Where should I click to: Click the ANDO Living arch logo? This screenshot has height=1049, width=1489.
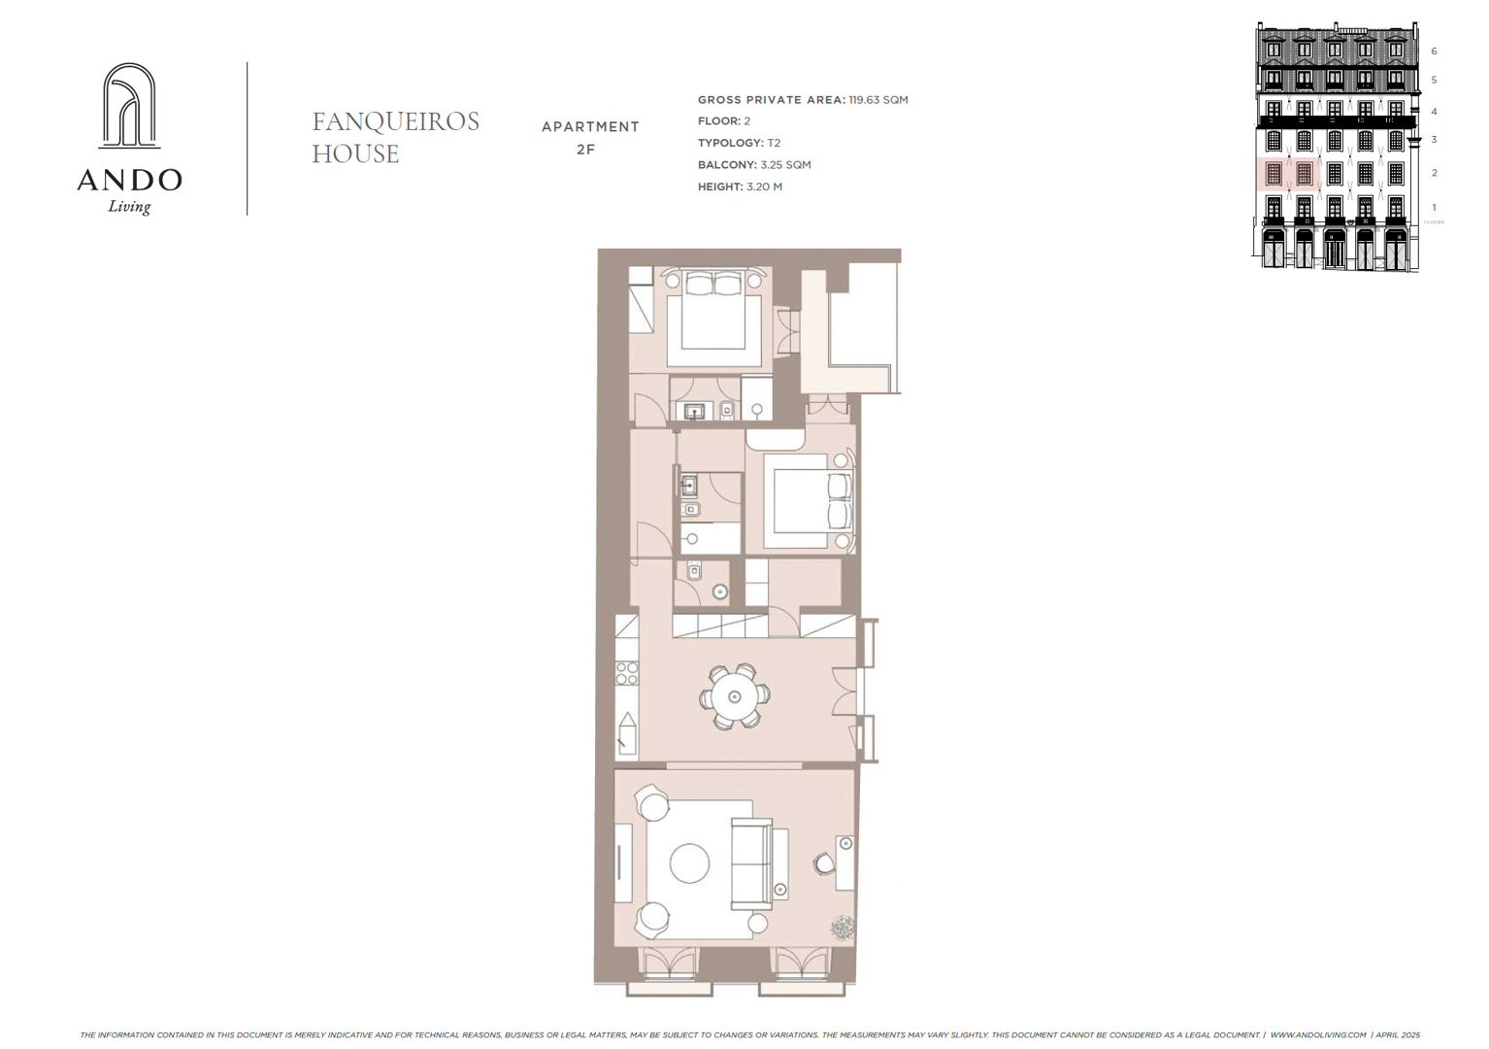pos(130,107)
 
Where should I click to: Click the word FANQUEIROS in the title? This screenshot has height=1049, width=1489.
pos(395,121)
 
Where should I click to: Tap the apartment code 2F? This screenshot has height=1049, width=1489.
pos(585,150)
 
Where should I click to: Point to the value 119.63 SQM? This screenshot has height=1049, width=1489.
pos(878,100)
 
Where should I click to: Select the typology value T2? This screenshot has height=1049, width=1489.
pos(774,143)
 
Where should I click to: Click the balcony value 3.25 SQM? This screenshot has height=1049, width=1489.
pos(785,165)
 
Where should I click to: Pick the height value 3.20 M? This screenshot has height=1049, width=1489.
pos(765,186)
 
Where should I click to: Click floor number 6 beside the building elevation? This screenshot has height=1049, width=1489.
pos(1434,51)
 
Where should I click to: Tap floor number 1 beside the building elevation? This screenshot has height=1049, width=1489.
pos(1434,208)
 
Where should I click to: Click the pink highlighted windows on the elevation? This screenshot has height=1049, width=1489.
pos(1288,174)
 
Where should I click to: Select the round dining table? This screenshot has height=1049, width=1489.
pos(734,696)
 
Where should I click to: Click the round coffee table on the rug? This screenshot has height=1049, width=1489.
pos(689,863)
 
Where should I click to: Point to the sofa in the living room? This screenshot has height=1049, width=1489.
pos(752,863)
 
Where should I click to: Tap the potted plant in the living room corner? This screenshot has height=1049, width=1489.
pos(843,928)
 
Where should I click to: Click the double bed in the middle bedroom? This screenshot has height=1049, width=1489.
pos(809,501)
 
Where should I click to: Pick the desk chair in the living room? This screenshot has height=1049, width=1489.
pos(824,863)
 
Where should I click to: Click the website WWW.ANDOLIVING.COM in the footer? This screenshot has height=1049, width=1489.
pos(1317,1034)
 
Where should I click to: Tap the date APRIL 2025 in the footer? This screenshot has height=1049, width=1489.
pos(1397,1034)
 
